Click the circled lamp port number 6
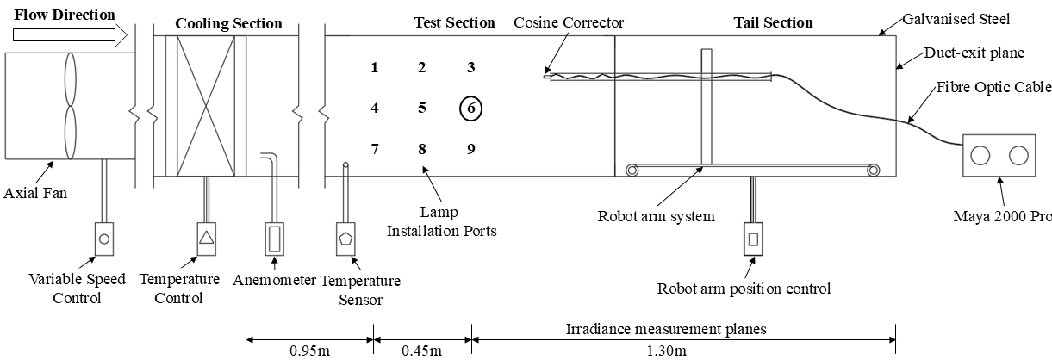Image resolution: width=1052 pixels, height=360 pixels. pyautogui.click(x=470, y=108)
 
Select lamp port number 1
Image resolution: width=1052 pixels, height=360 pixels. pyautogui.click(x=374, y=67)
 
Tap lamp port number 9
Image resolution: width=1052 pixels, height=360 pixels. pyautogui.click(x=471, y=149)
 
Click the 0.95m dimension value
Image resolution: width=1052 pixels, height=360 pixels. pyautogui.click(x=309, y=351)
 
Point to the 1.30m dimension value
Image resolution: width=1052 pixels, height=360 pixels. pyautogui.click(x=666, y=351)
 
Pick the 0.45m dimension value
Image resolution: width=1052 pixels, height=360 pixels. pyautogui.click(x=421, y=351)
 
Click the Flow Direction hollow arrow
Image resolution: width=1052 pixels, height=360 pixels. pyautogui.click(x=70, y=35)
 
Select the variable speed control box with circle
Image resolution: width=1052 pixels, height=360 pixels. pyautogui.click(x=104, y=239)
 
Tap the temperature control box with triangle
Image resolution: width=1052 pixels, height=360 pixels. pyautogui.click(x=206, y=239)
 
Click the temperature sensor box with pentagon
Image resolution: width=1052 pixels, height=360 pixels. pyautogui.click(x=345, y=239)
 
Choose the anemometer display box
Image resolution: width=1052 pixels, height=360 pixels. pyautogui.click(x=274, y=239)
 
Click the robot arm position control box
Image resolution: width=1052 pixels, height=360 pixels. pyautogui.click(x=753, y=239)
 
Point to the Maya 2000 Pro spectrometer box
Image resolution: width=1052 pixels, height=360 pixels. pyautogui.click(x=999, y=155)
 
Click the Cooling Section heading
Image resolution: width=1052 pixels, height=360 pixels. pyautogui.click(x=228, y=23)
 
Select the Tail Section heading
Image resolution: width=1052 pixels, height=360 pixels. pyautogui.click(x=773, y=22)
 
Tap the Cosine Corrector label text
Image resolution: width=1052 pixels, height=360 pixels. pyautogui.click(x=569, y=22)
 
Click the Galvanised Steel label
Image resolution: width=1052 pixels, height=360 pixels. pyautogui.click(x=956, y=19)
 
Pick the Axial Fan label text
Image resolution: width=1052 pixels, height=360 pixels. pyautogui.click(x=35, y=193)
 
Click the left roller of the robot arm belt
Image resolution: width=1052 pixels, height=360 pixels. pyautogui.click(x=632, y=170)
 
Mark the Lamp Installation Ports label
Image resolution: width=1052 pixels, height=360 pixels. pyautogui.click(x=441, y=221)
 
